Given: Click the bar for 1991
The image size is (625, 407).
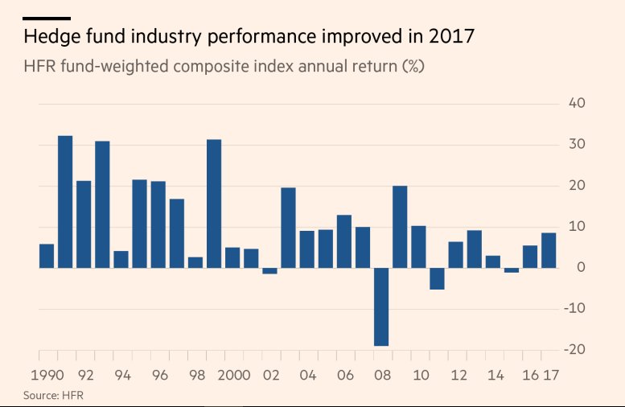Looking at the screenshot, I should (65, 201).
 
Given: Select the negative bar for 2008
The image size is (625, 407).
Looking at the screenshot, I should (381, 306).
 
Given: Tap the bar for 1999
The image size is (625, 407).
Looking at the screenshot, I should (214, 203).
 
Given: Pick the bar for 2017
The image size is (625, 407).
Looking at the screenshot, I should (549, 250).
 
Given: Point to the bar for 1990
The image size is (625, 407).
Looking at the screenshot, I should (47, 256).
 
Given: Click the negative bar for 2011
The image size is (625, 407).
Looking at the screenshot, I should (437, 278).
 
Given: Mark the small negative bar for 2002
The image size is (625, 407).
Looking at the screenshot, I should (269, 271).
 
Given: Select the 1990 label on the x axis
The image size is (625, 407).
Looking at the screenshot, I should (47, 375).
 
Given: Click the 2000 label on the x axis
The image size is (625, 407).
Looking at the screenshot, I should (234, 375).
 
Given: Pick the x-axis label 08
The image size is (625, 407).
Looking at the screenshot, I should (382, 375).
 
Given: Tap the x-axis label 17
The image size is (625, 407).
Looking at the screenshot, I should (551, 375).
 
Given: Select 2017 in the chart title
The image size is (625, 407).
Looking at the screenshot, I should (452, 37).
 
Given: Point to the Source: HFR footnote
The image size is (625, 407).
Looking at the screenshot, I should (53, 395).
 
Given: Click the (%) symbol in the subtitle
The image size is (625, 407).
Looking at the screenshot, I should (413, 66).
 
